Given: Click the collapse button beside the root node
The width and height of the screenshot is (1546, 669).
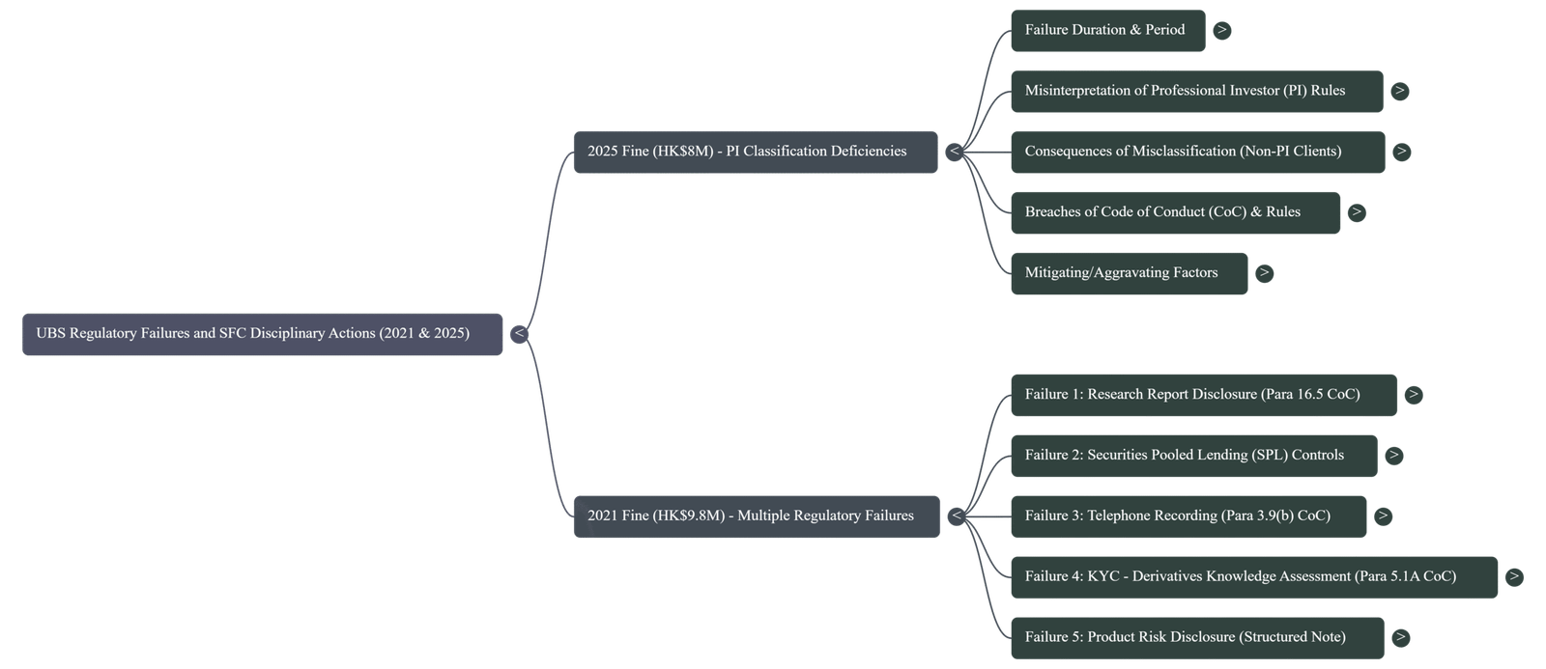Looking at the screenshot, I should click(x=519, y=334).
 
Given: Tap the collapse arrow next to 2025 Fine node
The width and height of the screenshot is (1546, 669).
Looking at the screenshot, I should click(x=954, y=152).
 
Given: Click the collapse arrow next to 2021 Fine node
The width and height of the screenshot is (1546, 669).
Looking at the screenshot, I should click(x=956, y=516).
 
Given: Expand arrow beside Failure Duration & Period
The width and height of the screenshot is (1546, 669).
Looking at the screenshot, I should click(x=1221, y=31).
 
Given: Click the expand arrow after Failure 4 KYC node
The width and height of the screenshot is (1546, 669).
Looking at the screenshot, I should click(x=1514, y=577).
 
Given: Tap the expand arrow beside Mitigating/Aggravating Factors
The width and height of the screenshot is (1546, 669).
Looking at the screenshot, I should click(x=1263, y=273).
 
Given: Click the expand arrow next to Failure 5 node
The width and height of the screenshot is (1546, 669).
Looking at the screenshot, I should click(x=1400, y=637).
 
